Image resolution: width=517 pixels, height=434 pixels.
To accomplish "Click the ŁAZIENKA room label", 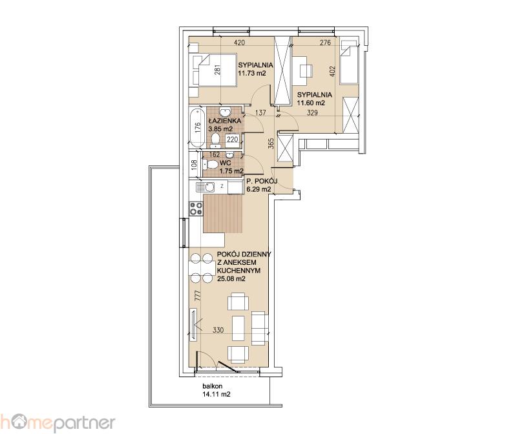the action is coord(224,121).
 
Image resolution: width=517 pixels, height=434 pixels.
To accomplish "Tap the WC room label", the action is coord(225,163).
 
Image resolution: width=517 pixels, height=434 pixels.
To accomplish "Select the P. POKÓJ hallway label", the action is coord(262,181).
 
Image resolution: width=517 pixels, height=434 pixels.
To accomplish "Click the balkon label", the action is coord(213,386).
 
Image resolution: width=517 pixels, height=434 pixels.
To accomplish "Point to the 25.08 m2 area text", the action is coord(231,279).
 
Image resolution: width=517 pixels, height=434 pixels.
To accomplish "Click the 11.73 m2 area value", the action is coord(252,73).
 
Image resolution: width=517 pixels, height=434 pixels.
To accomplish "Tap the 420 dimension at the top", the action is coord(239,43).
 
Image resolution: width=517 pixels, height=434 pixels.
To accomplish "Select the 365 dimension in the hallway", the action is coord(271,143).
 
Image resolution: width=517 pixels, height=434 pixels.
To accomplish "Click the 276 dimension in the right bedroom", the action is coord(326,43).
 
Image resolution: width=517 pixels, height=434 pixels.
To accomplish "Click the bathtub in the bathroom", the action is coord(197,128).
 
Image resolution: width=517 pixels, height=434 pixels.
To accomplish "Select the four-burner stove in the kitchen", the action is coord(196,209).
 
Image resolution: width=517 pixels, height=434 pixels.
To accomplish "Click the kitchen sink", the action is coord(205,187).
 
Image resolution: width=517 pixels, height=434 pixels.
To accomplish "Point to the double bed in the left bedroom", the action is coord(213,70).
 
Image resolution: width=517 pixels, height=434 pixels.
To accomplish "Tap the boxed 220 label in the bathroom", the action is coord(233,139).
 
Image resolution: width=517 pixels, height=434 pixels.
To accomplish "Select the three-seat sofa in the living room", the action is coord(260,328).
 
